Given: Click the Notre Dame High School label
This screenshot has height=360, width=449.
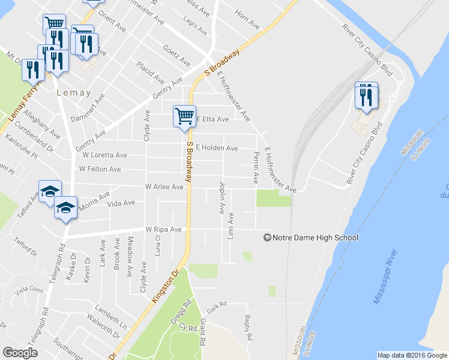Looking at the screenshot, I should (x=315, y=238).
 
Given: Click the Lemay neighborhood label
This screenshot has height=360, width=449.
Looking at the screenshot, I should (x=73, y=93).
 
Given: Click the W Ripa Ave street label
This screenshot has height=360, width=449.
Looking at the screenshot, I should (x=163, y=229).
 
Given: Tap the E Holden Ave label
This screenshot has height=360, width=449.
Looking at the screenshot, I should (x=217, y=148).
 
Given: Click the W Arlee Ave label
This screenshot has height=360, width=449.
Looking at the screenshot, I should (x=164, y=187).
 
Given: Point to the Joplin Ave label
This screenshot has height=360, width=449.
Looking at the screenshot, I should (x=222, y=197).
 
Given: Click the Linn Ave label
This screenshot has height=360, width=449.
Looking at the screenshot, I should (x=231, y=225).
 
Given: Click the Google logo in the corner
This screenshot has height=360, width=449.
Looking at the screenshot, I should (x=20, y=352).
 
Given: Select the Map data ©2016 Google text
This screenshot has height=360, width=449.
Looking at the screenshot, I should (x=412, y=355).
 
